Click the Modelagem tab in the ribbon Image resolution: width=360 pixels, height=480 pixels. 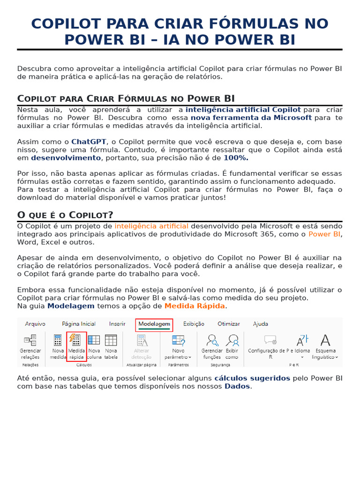(154, 324)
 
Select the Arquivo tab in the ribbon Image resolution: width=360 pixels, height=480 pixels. (35, 324)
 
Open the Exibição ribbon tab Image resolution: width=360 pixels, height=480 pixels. (194, 324)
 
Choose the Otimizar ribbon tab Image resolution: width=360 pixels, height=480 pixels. (229, 324)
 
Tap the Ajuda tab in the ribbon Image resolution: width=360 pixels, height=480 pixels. (261, 324)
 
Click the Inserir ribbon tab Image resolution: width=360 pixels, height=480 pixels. (117, 324)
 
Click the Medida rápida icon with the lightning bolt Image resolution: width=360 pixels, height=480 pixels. (75, 340)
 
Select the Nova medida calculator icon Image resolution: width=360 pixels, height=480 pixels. (58, 340)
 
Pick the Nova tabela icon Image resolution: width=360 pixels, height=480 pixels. (111, 340)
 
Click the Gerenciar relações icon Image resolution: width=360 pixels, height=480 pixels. (30, 340)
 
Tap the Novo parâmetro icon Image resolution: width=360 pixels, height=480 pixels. (179, 340)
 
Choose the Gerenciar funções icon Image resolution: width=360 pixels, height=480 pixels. (212, 340)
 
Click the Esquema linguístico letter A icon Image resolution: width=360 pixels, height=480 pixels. (325, 340)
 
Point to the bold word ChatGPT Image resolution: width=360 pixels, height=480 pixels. (89, 142)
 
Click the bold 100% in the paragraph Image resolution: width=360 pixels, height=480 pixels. (236, 158)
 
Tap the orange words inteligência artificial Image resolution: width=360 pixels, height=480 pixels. (151, 226)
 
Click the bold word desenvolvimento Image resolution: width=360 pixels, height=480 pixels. (66, 158)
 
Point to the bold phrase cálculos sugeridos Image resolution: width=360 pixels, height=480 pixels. (252, 378)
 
